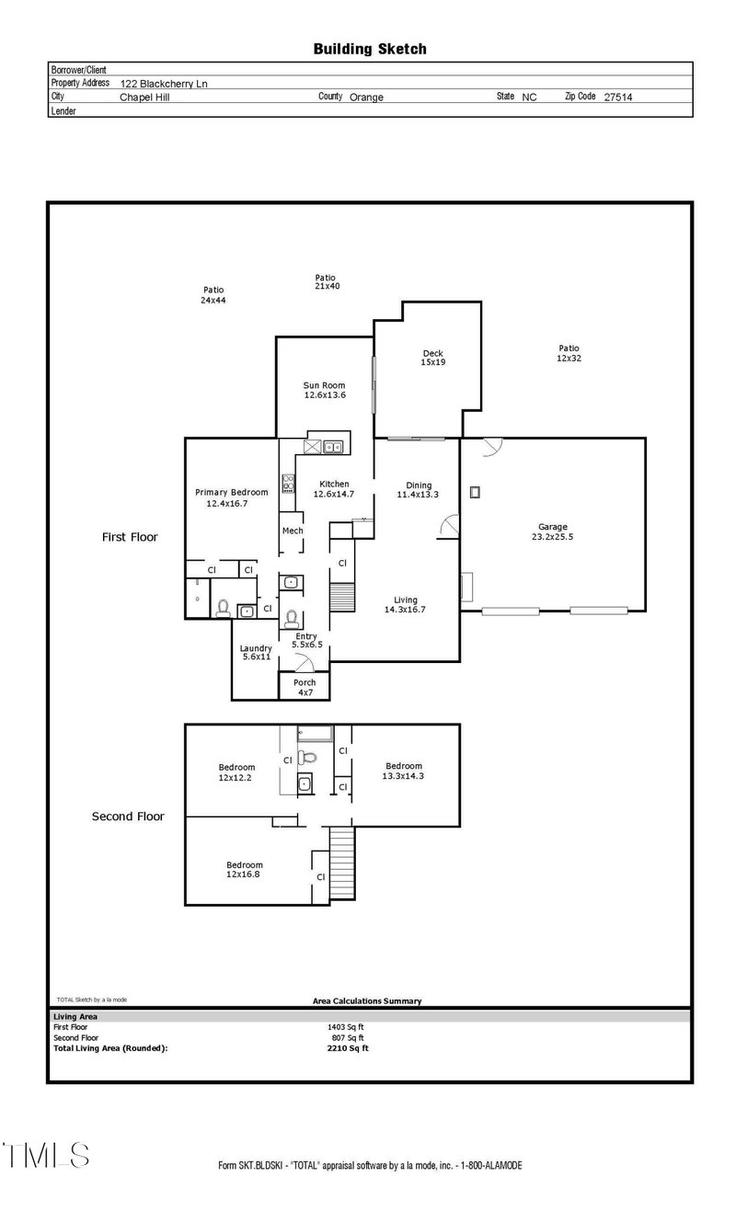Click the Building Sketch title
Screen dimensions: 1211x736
369,49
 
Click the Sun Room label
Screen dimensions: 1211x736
325,390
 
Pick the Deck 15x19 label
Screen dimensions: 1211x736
432,358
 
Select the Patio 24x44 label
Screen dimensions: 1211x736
213,295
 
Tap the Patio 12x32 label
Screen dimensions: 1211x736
569,353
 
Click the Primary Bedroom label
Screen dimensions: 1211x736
231,497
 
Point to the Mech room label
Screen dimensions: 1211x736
293,531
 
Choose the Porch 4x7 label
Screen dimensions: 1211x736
305,687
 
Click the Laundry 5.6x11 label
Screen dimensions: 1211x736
256,653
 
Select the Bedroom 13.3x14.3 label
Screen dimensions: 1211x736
403,771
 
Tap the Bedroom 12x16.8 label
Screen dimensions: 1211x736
245,869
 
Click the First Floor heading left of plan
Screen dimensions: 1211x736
129,536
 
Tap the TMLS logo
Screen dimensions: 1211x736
46,1155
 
